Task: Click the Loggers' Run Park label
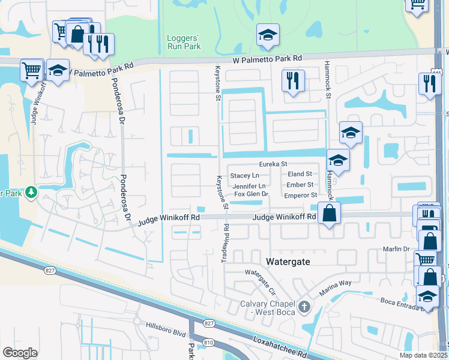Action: tap(182, 42)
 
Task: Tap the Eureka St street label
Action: tap(273, 164)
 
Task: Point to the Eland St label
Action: tap(300, 174)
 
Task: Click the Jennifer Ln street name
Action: tap(249, 186)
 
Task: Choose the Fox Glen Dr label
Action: tap(250, 194)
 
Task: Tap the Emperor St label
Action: tap(300, 195)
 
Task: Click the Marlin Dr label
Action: tap(396, 249)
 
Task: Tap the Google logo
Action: tap(20, 353)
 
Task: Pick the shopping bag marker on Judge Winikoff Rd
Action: tap(330, 213)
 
